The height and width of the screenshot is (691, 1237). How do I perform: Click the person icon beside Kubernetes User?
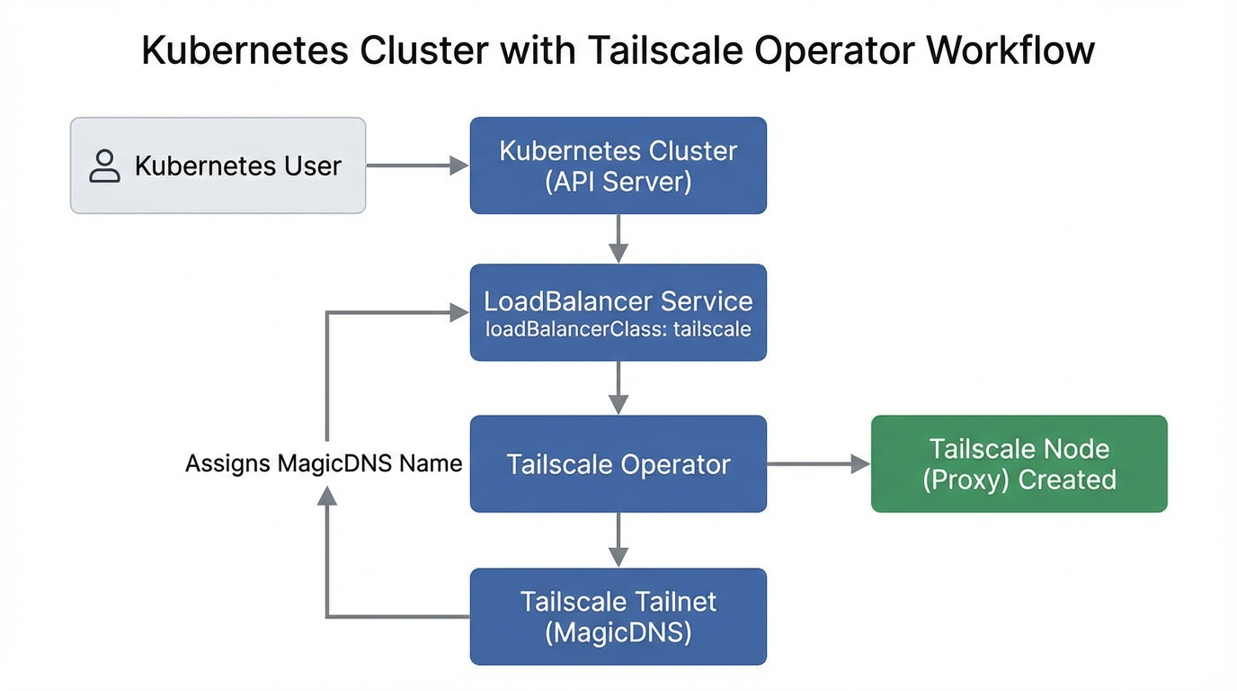tap(105, 166)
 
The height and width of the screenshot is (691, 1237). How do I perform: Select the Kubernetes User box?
tap(218, 166)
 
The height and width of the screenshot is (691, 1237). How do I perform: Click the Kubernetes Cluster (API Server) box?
tap(618, 166)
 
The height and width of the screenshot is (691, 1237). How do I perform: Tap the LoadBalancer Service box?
tap(618, 311)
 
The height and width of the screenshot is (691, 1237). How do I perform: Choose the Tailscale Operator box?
tap(618, 464)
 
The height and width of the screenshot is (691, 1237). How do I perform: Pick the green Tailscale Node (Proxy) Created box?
tap(1019, 464)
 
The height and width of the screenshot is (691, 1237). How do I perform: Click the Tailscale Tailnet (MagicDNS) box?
tap(618, 616)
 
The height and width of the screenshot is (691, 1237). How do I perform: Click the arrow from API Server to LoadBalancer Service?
tap(618, 238)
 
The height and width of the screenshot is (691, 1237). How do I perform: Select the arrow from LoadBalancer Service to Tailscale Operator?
tap(618, 388)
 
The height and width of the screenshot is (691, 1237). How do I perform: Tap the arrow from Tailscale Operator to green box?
tap(818, 464)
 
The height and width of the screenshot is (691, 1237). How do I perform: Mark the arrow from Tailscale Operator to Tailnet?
tap(618, 540)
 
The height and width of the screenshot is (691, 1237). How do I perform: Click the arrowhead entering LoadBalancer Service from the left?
tap(459, 312)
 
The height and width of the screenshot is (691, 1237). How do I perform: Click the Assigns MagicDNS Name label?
tap(324, 463)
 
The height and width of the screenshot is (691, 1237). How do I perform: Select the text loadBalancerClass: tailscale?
tap(618, 329)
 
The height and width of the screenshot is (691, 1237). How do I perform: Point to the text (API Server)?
tap(618, 182)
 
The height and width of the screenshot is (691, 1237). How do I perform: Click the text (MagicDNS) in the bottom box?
tap(618, 633)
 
